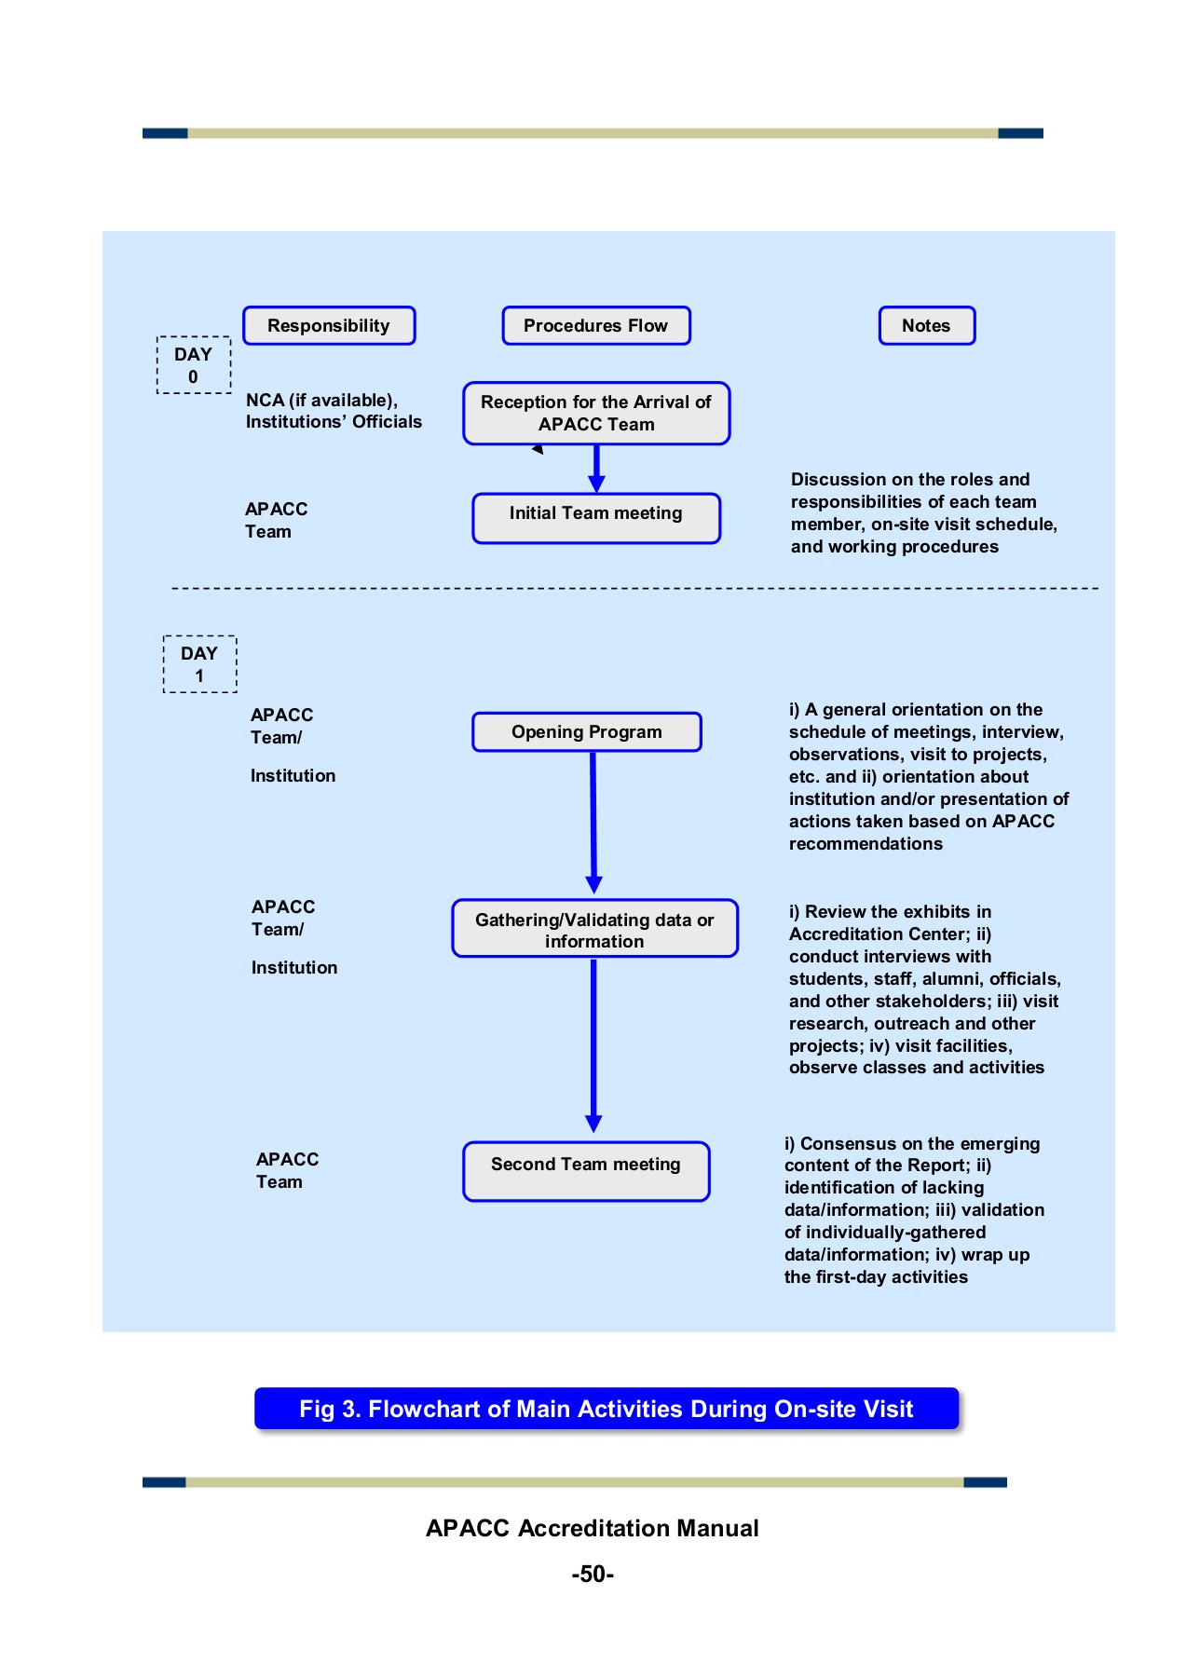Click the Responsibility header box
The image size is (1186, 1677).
click(x=329, y=326)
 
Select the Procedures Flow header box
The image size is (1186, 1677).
click(x=596, y=326)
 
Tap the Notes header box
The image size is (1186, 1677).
click(x=926, y=326)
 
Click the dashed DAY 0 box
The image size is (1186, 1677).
click(x=194, y=365)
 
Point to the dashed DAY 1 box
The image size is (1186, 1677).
click(x=199, y=664)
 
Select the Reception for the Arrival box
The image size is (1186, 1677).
click(x=596, y=414)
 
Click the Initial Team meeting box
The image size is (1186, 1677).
click(x=596, y=518)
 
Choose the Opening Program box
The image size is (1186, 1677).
click(x=587, y=732)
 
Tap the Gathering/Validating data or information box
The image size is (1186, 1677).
click(x=594, y=929)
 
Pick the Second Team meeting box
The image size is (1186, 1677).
click(x=586, y=1171)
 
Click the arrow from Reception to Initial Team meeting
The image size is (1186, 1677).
click(x=596, y=469)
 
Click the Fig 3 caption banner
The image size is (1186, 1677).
click(x=606, y=1409)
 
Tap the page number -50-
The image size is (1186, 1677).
click(x=593, y=1575)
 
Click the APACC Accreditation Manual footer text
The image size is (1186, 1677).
click(x=593, y=1529)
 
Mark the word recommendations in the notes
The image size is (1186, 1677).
click(x=866, y=844)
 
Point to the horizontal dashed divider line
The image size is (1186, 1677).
click(x=634, y=589)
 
